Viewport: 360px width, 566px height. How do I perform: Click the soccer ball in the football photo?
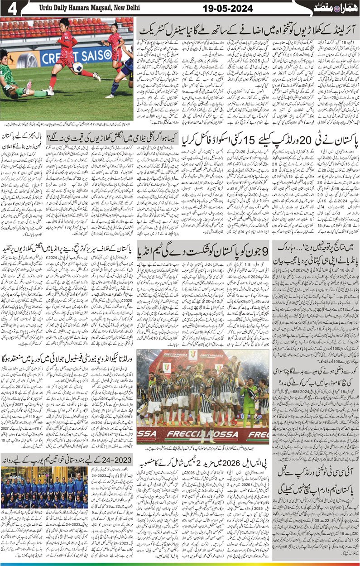click(77, 67)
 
